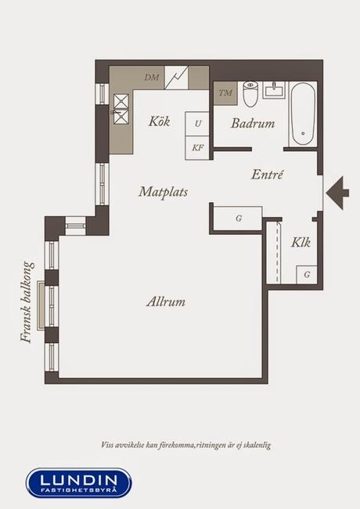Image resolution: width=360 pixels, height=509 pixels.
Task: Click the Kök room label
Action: tap(159, 121)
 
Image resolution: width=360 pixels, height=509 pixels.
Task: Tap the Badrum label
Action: tap(253, 124)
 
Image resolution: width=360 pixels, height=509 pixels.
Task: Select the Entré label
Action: tap(267, 175)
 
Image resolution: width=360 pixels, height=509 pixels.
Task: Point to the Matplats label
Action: tap(163, 192)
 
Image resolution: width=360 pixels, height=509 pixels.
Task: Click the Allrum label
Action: tap(166, 302)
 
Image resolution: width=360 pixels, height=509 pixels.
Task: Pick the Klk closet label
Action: tap(301, 242)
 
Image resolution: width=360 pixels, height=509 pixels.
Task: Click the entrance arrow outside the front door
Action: tap(337, 193)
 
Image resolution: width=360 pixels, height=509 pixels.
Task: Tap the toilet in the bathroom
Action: tap(250, 94)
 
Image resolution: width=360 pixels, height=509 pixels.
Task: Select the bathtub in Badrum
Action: tap(303, 114)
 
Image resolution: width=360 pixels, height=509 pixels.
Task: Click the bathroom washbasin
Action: tap(274, 90)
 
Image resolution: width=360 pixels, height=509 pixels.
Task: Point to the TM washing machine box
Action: tap(225, 93)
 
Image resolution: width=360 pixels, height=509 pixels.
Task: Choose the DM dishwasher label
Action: tap(152, 78)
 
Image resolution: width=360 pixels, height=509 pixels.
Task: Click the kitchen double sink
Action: tap(121, 109)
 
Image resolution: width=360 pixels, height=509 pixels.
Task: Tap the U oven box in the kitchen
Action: tap(197, 124)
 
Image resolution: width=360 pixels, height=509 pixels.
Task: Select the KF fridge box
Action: tap(197, 148)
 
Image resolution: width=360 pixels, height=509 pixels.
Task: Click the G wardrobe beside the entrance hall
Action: tap(238, 218)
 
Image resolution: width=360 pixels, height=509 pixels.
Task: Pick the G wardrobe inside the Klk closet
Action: tap(307, 275)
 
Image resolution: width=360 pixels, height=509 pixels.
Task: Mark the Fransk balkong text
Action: tap(27, 302)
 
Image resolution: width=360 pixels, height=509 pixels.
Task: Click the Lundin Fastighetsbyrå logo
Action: tap(79, 482)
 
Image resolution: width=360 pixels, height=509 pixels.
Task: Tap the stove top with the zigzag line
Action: tap(176, 78)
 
